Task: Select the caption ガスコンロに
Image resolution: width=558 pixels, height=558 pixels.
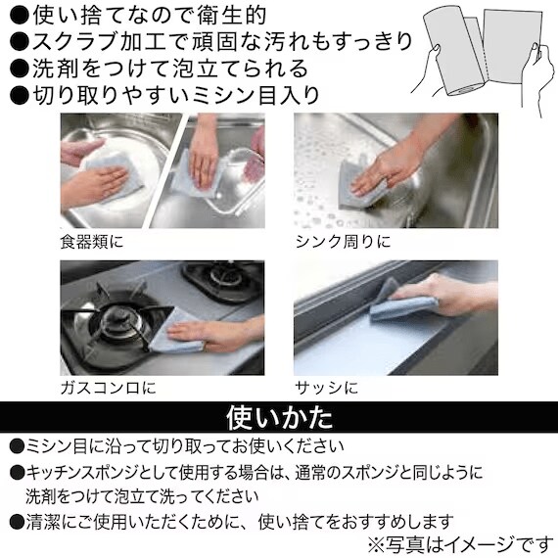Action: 108,388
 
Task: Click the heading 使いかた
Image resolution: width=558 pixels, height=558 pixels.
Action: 279,418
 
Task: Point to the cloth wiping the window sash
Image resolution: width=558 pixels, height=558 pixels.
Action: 400,305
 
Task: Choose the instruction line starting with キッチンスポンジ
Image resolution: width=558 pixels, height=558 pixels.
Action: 245,473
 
